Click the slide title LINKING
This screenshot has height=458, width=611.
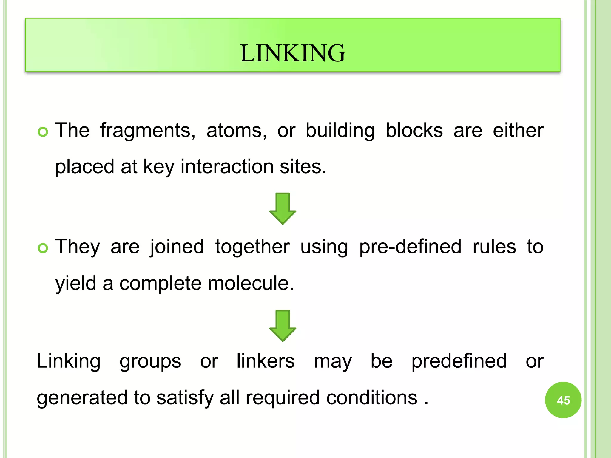click(292, 53)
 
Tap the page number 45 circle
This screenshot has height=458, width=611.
click(563, 400)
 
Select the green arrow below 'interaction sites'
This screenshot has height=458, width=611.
click(283, 208)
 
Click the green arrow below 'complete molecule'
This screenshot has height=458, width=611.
click(283, 326)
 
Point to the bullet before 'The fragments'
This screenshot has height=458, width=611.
click(43, 131)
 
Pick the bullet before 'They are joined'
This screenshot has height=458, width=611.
click(43, 248)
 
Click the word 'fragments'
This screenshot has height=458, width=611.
click(148, 131)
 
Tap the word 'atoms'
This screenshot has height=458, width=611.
click(236, 131)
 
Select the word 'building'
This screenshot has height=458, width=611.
click(340, 131)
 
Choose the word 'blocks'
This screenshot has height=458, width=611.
click(414, 131)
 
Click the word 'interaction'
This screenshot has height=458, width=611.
click(227, 166)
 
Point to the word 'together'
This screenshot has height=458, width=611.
click(252, 247)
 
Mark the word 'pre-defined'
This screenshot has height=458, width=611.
click(410, 247)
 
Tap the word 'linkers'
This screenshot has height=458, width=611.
click(266, 361)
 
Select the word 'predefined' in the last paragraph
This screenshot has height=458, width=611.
click(459, 361)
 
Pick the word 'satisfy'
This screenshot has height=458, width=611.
click(185, 397)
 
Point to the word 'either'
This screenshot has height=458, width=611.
click(518, 131)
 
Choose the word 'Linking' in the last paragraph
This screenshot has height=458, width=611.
click(69, 361)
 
